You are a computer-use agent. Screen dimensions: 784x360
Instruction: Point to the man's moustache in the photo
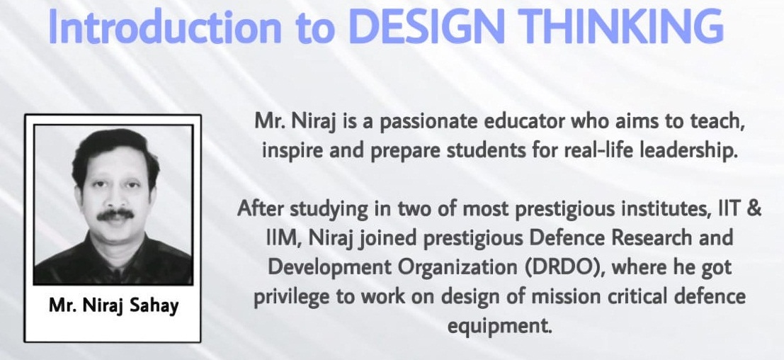tap(115, 214)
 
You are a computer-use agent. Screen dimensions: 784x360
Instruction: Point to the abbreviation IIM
tap(283, 238)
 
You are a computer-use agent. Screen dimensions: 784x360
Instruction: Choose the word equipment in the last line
tap(499, 327)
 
